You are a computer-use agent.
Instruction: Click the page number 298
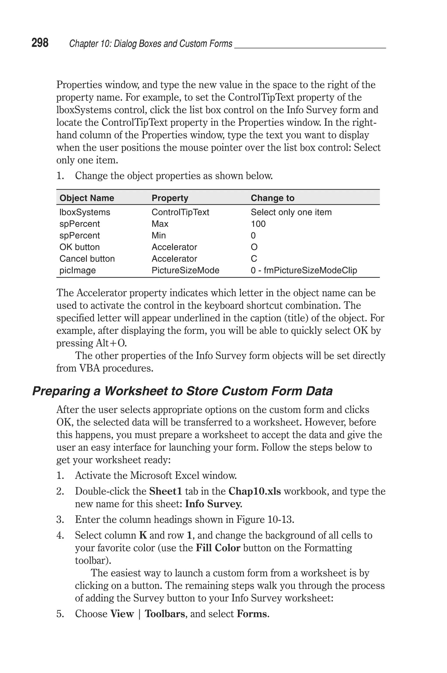coord(40,43)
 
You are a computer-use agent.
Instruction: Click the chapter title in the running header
coord(151,44)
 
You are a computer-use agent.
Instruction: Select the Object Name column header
coord(87,198)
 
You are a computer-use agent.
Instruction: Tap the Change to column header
coord(272,198)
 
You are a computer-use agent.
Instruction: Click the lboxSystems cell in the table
coord(85,212)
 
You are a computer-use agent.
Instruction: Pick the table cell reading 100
coord(258,224)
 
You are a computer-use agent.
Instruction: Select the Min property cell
coord(158,235)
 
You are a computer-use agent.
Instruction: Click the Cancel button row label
coord(87,259)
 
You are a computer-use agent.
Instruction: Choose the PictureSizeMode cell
coord(185,270)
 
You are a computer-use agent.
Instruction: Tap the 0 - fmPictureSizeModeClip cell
coord(304,270)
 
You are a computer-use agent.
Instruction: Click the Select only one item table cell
coord(291,212)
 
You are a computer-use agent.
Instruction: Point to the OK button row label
coord(79,247)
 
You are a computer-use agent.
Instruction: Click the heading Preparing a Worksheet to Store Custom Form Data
coord(182,391)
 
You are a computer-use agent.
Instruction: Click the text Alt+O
coord(111,343)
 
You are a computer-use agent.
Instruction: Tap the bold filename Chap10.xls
coord(254,491)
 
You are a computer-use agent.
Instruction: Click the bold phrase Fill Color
coord(218,548)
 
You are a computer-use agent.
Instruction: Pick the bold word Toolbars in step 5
coord(165,614)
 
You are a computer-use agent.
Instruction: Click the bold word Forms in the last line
coord(252,614)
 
